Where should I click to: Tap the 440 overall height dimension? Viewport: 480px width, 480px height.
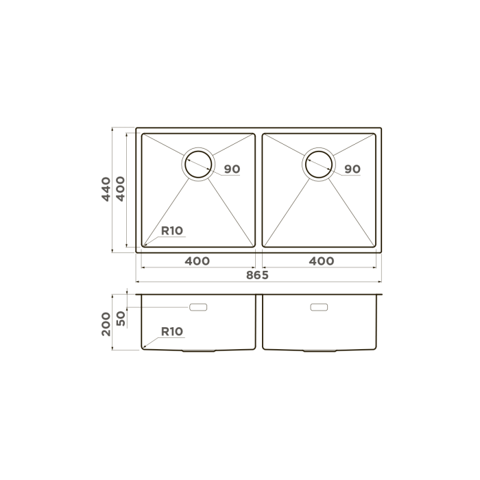(x=106, y=189)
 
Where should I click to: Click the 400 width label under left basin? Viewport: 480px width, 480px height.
(x=197, y=261)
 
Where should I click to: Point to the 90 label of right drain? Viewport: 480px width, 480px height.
(x=352, y=169)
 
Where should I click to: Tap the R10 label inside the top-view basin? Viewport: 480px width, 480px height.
(x=171, y=230)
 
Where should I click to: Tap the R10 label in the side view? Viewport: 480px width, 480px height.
(x=171, y=332)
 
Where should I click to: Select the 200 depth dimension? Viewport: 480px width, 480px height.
(x=106, y=322)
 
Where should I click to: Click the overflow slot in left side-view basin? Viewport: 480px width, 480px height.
(x=200, y=307)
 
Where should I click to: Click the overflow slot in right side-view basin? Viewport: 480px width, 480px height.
(x=320, y=307)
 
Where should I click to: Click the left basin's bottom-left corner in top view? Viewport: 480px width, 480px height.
(x=143, y=245)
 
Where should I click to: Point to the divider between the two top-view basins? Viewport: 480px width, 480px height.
(x=259, y=189)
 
